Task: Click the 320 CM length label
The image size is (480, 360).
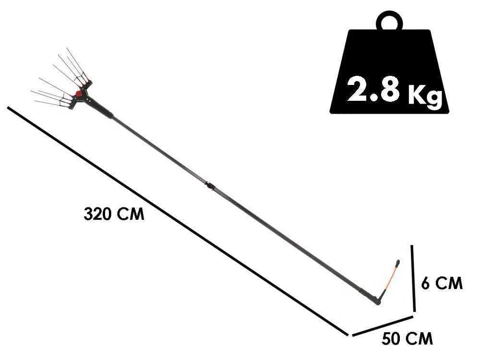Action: [x=114, y=214]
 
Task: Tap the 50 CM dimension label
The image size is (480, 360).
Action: [x=407, y=339]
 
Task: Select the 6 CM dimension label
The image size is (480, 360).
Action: [x=442, y=283]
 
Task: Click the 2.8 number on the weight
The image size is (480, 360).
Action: [x=373, y=89]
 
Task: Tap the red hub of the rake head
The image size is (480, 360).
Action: [x=78, y=93]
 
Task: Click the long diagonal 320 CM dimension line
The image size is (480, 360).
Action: [x=178, y=221]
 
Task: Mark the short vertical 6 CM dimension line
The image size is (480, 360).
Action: [x=413, y=278]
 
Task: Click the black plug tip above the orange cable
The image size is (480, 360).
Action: [x=397, y=263]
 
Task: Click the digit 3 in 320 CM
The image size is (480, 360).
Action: [x=88, y=214]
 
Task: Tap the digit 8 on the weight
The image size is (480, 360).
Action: [x=389, y=89]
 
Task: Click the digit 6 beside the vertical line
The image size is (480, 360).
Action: [x=426, y=283]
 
